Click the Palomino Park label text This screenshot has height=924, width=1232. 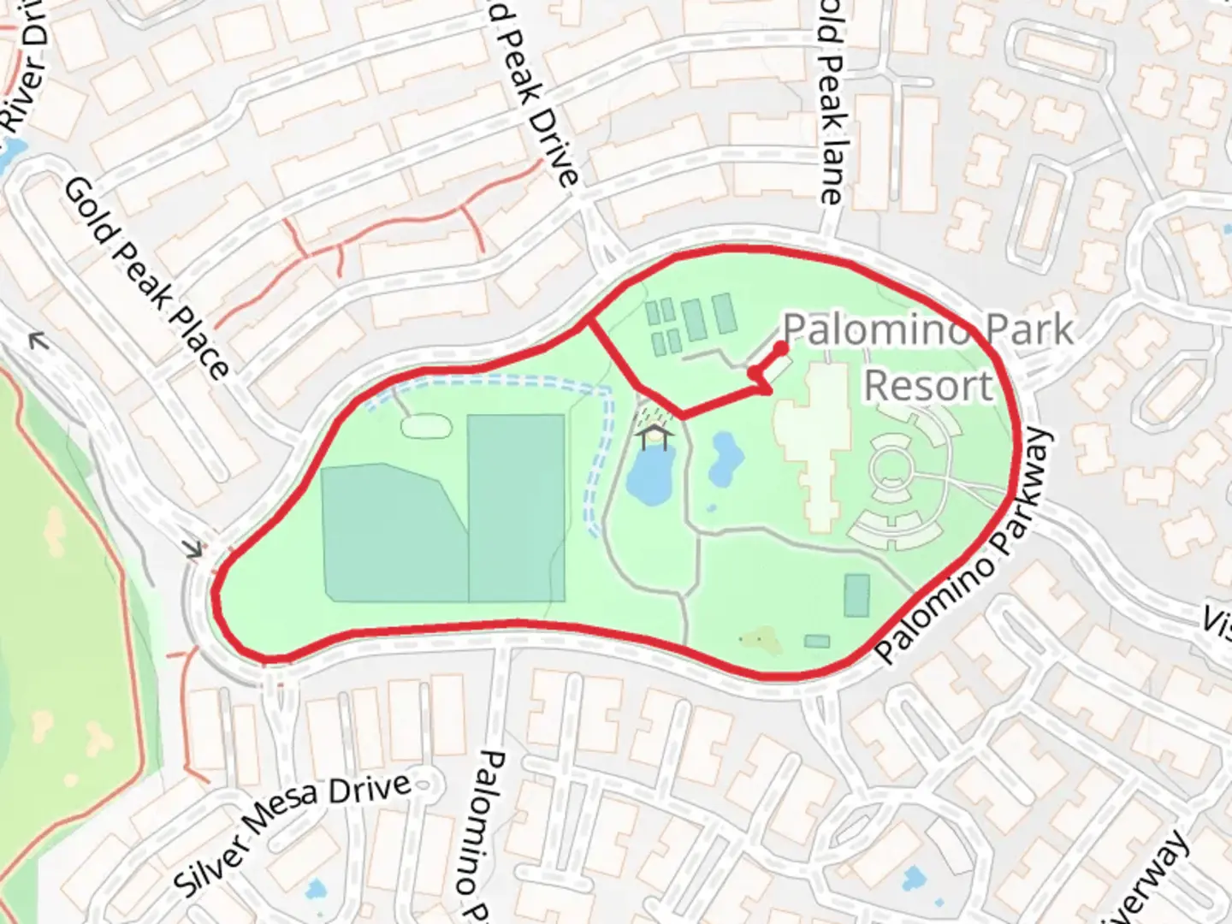point(927,329)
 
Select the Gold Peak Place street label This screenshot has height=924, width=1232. point(146,278)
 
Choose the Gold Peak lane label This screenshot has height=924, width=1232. point(831,103)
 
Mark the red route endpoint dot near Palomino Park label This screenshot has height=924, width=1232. point(781,347)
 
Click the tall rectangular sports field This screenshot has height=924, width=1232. point(516,507)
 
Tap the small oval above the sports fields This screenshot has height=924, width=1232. point(424,425)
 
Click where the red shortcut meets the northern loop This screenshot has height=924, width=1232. point(587,322)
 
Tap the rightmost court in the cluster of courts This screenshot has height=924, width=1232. point(724,313)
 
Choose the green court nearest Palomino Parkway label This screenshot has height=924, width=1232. point(856,595)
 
